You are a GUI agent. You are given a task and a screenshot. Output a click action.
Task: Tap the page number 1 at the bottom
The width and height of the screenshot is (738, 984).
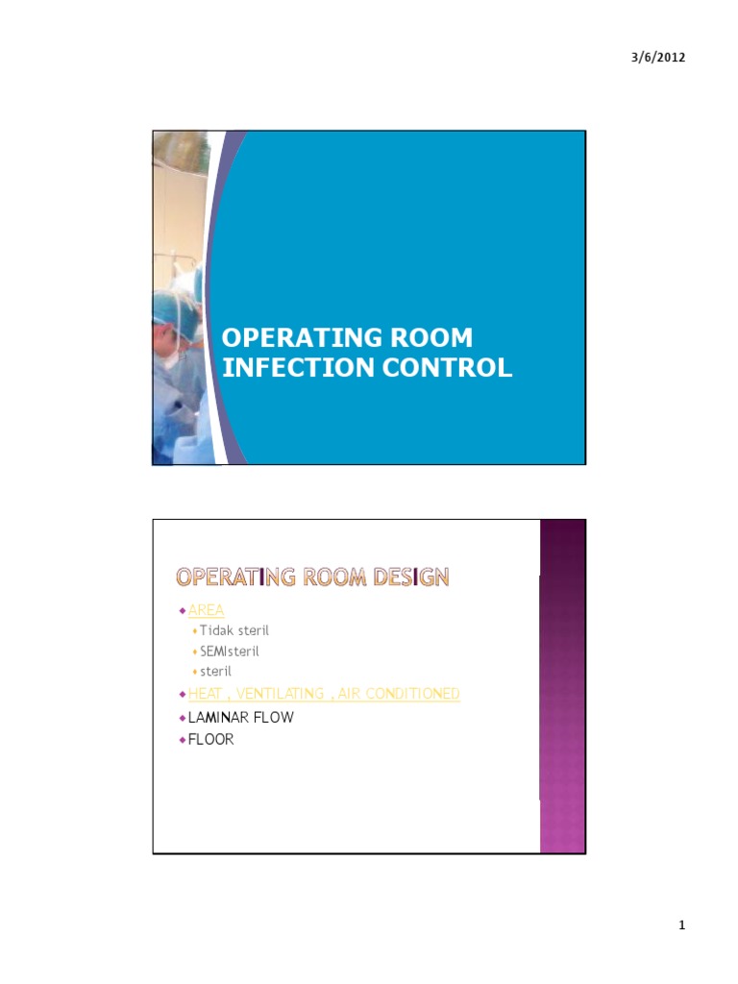(681, 925)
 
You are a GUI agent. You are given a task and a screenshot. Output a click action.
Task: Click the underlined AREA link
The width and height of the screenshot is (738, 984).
(206, 610)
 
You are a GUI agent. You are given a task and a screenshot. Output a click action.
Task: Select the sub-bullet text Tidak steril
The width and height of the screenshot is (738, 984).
(234, 630)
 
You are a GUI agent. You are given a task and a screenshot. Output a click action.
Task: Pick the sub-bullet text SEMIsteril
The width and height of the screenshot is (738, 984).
(231, 651)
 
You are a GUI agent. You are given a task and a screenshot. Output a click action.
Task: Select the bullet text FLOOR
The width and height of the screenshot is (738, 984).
(210, 740)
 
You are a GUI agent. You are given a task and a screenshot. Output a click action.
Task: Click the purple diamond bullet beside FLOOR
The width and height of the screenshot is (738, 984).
(182, 740)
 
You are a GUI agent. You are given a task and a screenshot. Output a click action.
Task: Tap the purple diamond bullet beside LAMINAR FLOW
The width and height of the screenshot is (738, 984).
(182, 718)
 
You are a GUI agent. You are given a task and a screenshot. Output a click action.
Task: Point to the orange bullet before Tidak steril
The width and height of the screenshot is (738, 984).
(194, 631)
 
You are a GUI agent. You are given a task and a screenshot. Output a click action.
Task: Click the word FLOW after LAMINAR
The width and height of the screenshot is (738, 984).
(274, 718)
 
